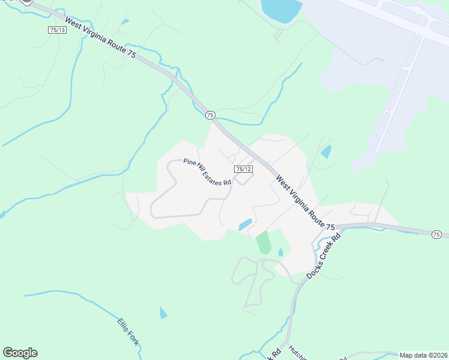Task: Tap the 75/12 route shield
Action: click(x=243, y=170)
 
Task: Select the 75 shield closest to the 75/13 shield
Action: click(x=209, y=115)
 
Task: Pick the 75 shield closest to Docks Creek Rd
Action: click(x=436, y=234)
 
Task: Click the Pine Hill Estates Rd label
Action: click(x=208, y=172)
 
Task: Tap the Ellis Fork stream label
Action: click(x=128, y=331)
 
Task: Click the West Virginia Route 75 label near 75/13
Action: click(x=101, y=40)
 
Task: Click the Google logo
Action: click(x=20, y=353)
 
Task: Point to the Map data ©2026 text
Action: click(x=423, y=355)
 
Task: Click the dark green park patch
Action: click(x=264, y=242)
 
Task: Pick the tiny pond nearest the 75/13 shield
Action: click(x=125, y=22)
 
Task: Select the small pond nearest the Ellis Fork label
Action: click(x=163, y=313)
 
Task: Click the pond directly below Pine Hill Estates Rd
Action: click(x=245, y=224)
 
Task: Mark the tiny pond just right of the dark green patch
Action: click(x=280, y=253)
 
